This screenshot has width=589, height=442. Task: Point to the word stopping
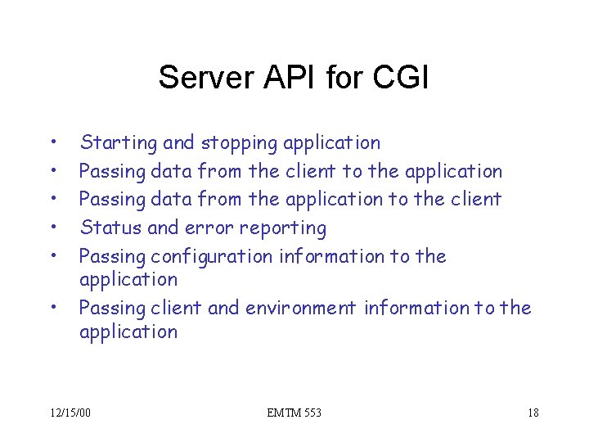(239, 143)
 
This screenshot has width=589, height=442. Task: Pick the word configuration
(211, 256)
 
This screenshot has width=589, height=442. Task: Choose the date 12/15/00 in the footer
(70, 413)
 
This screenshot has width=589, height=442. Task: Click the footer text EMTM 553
(294, 413)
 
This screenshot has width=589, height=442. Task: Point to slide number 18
(533, 413)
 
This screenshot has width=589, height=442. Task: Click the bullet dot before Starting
(52, 142)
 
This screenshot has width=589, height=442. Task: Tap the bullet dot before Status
(52, 227)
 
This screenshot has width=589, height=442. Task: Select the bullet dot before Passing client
(52, 308)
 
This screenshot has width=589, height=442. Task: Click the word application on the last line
(128, 331)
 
